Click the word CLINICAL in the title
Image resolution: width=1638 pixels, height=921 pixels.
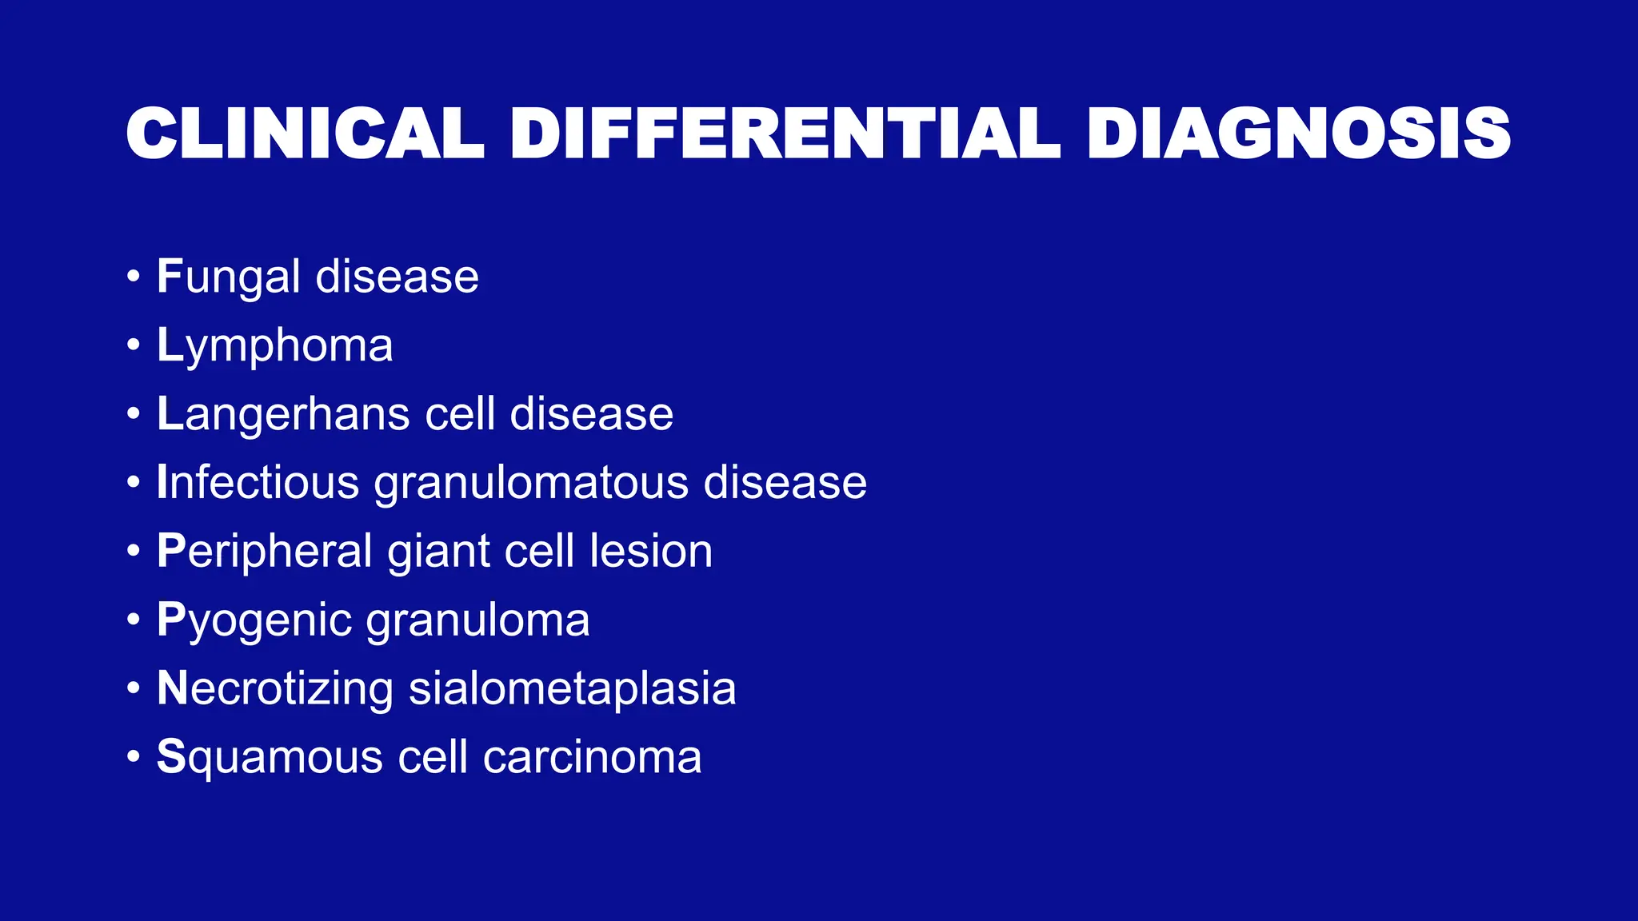(305, 134)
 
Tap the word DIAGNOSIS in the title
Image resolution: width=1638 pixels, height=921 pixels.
(1298, 134)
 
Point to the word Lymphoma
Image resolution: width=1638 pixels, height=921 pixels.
(274, 346)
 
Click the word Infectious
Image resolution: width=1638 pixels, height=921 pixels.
(258, 482)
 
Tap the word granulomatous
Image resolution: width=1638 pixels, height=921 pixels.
(531, 484)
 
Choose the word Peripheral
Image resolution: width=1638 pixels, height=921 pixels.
(265, 552)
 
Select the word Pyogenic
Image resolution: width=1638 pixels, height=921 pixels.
(254, 620)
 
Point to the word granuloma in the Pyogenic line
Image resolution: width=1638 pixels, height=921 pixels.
(477, 620)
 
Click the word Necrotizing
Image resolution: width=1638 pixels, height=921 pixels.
(275, 688)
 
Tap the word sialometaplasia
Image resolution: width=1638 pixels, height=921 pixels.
(572, 688)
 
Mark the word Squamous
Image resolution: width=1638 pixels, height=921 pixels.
(270, 758)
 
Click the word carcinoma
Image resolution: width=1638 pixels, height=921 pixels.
(592, 757)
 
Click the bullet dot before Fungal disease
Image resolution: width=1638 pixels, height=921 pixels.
(134, 277)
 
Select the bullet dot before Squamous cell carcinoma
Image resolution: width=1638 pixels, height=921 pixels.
(134, 757)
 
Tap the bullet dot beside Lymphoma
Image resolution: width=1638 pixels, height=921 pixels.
(134, 346)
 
